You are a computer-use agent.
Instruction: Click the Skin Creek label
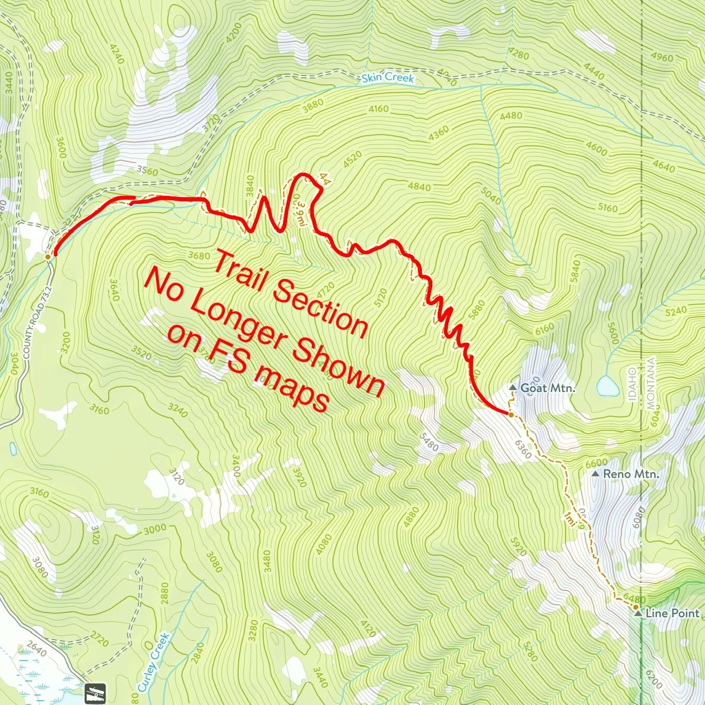(x=387, y=78)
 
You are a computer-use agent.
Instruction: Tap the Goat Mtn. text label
(x=547, y=388)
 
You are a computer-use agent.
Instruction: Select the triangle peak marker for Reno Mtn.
(x=595, y=474)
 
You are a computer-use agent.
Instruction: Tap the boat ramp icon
(x=95, y=692)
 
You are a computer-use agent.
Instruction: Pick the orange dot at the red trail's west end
(x=48, y=257)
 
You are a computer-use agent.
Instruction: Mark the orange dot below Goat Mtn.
(x=511, y=414)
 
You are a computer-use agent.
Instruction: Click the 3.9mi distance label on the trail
(x=299, y=209)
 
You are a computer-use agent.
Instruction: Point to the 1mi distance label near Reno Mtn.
(x=570, y=517)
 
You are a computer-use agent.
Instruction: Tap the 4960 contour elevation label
(x=661, y=57)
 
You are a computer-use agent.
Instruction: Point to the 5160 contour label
(x=608, y=208)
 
